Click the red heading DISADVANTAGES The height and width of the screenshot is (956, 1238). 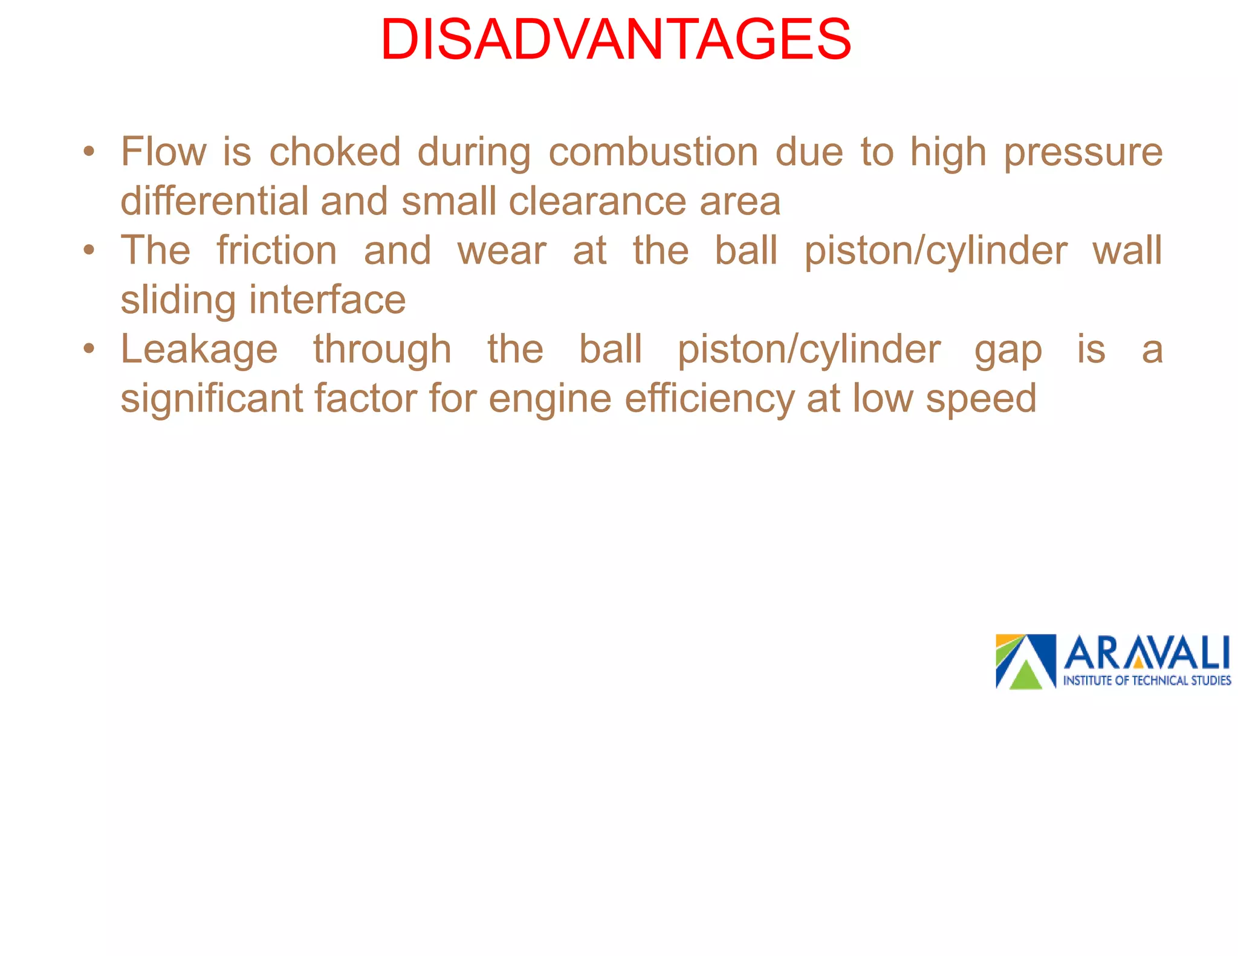click(x=616, y=40)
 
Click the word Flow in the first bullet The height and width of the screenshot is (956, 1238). click(x=163, y=151)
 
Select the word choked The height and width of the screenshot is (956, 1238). click(x=335, y=151)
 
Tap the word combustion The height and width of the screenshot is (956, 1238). click(x=653, y=151)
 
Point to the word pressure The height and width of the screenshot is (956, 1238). click(x=1083, y=152)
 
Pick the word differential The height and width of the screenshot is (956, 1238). click(x=215, y=201)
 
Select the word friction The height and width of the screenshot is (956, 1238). click(x=277, y=250)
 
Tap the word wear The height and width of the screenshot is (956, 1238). click(x=502, y=251)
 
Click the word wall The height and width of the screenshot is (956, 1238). click(x=1127, y=250)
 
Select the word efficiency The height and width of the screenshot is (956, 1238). click(x=709, y=399)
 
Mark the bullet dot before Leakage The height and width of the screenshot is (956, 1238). click(x=89, y=349)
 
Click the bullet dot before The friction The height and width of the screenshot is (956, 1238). click(x=89, y=250)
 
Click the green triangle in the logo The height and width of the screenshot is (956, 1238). click(x=1025, y=676)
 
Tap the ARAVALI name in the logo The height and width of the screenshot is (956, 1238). click(x=1146, y=653)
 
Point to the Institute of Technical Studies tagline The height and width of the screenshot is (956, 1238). click(x=1147, y=680)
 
